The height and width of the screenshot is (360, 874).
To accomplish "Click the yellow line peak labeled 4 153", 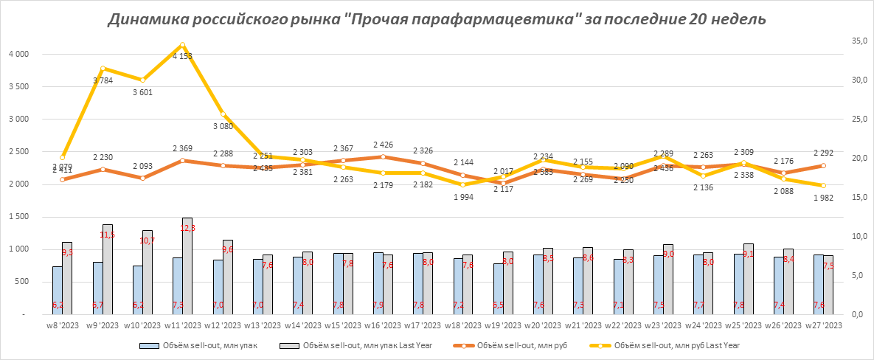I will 182,45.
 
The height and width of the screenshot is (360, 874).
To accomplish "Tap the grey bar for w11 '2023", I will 187,266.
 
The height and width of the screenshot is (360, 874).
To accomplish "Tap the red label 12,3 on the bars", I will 187,229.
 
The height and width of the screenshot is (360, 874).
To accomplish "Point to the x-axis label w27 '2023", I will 822,325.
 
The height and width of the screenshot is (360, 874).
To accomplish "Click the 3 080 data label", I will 223,127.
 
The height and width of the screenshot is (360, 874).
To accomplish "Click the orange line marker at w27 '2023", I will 824,165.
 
